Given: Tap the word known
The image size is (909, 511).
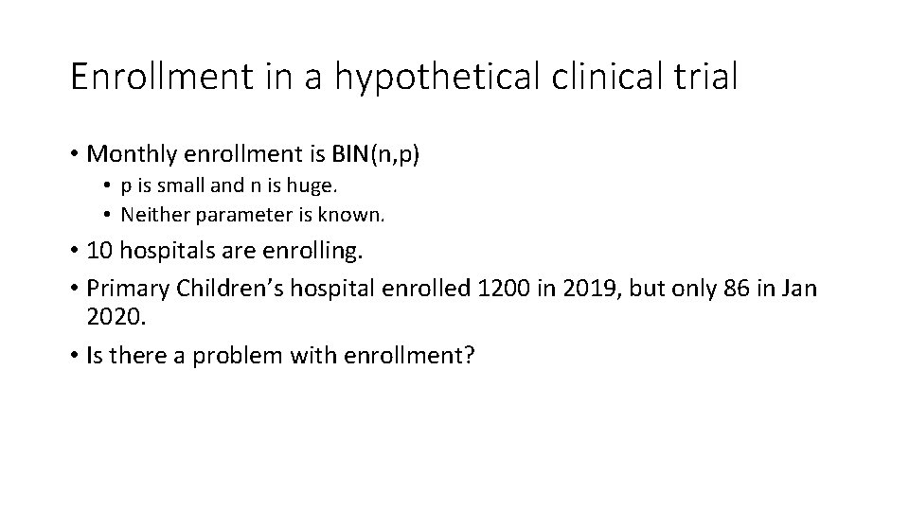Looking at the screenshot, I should pos(356,215).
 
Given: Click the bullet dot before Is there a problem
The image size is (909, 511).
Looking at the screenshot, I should pos(74,356).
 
